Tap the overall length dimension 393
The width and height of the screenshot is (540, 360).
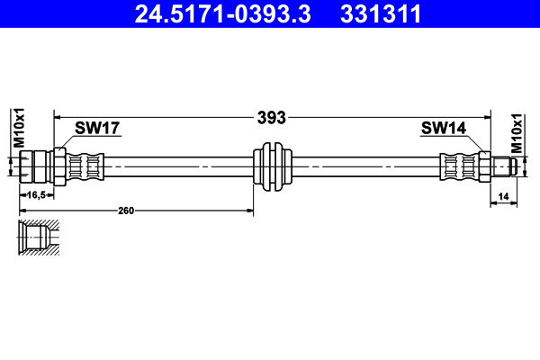(x=271, y=117)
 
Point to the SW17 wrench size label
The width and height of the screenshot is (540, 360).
(x=97, y=129)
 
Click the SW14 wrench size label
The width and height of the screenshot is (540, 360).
(x=442, y=129)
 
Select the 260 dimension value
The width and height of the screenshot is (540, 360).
(x=125, y=211)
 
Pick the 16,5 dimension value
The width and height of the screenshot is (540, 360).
(x=37, y=194)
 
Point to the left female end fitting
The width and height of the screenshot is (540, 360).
(x=36, y=166)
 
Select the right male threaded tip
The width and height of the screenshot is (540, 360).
(x=502, y=166)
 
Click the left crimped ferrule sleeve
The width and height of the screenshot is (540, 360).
(x=87, y=166)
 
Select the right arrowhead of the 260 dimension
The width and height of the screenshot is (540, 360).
(x=251, y=211)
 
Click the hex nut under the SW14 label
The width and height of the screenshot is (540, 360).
(x=484, y=166)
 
